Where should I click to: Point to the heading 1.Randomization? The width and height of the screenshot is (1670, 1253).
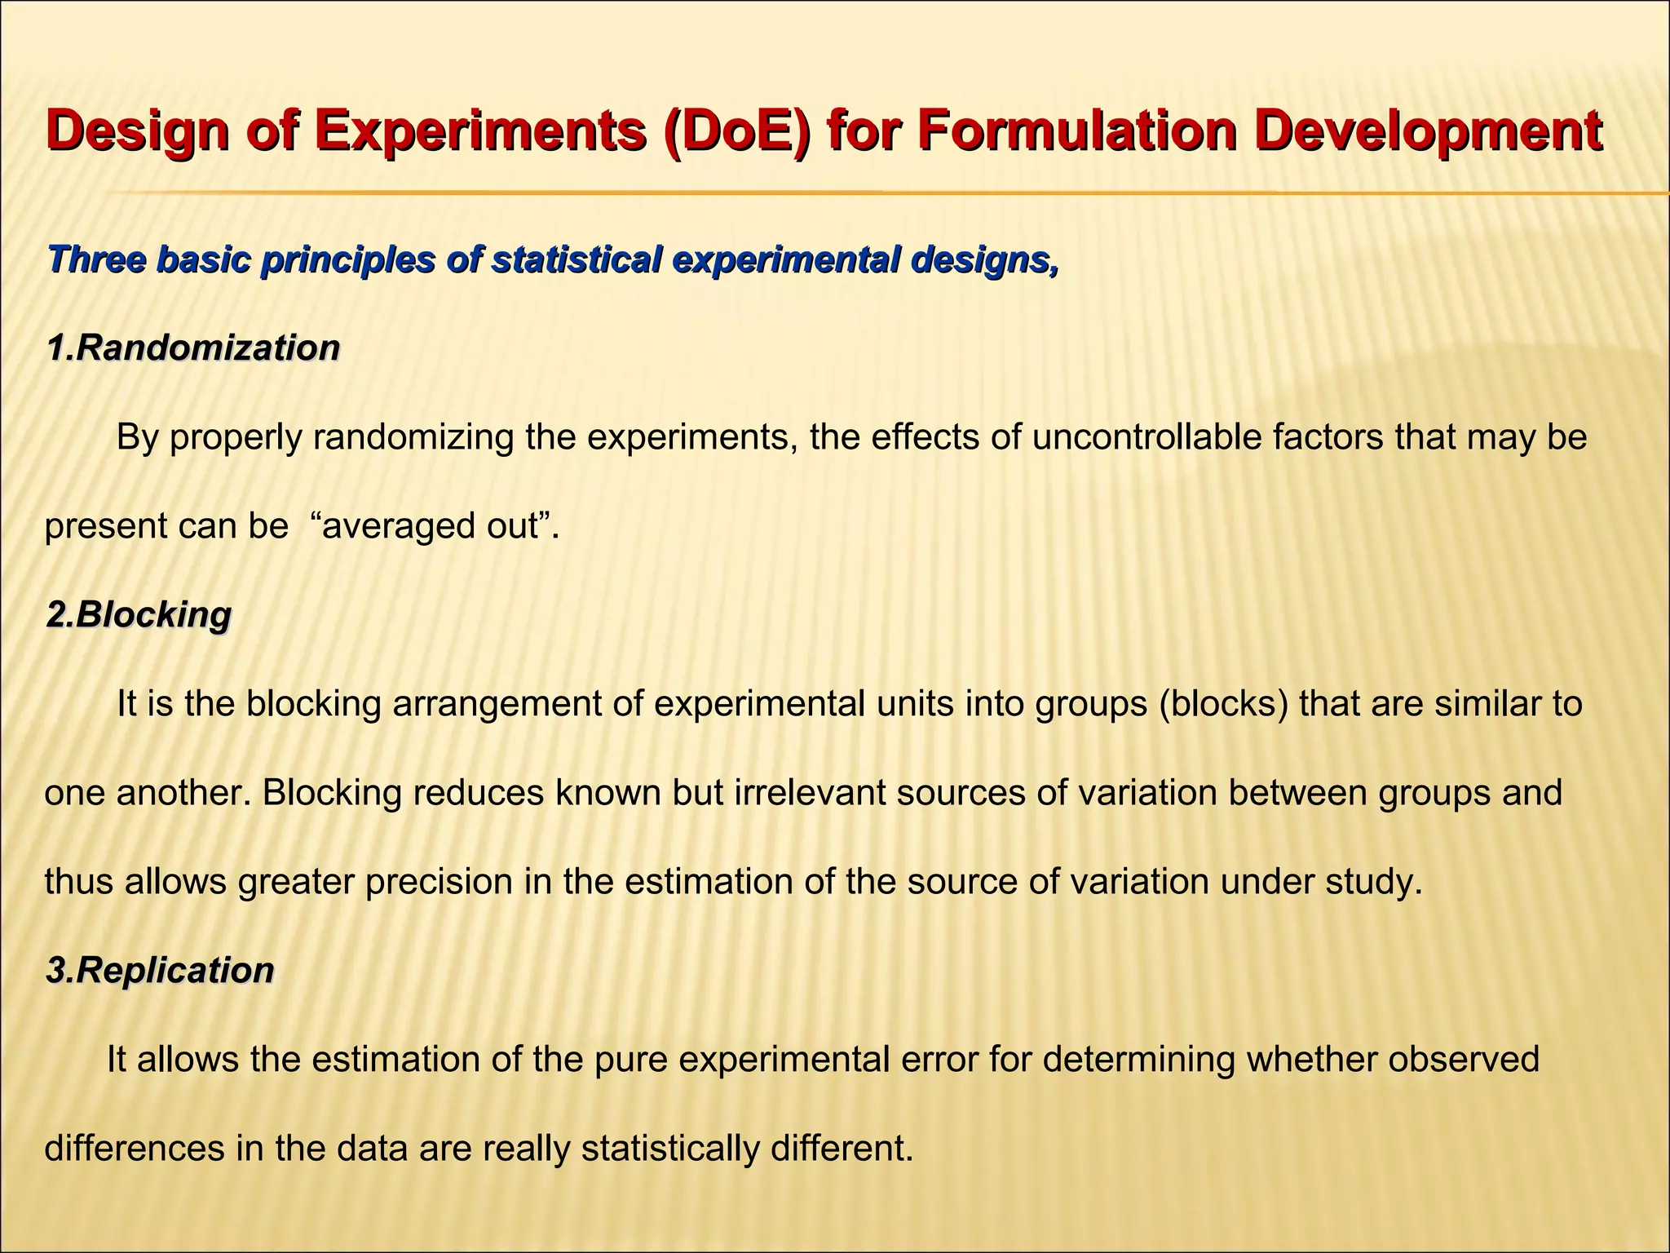point(193,348)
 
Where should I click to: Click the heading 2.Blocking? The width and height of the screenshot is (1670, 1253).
point(139,614)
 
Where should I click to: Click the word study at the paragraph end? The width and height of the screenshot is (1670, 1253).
point(1376,882)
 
